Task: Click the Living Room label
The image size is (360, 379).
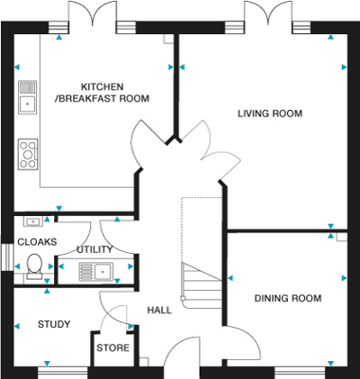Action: click(x=270, y=113)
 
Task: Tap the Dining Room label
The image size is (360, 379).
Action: click(x=288, y=298)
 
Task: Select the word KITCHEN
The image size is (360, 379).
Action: click(x=103, y=86)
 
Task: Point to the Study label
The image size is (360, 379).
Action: click(x=54, y=324)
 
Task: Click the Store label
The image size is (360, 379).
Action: click(x=112, y=347)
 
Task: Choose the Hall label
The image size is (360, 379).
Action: click(x=159, y=310)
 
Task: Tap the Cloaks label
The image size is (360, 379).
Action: click(x=37, y=242)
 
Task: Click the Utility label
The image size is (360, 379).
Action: click(x=94, y=249)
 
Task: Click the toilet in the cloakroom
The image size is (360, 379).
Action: click(x=34, y=266)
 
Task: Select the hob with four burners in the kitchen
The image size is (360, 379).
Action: click(x=28, y=154)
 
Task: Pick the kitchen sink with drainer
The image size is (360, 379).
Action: click(x=28, y=97)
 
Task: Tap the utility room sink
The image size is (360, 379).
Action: click(x=96, y=272)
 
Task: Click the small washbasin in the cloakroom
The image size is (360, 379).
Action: click(x=32, y=221)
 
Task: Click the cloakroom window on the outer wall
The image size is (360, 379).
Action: click(x=7, y=257)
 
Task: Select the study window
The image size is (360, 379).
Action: click(x=63, y=373)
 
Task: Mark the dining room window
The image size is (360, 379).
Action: click(x=300, y=373)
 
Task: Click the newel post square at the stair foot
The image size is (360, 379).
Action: click(x=183, y=298)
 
